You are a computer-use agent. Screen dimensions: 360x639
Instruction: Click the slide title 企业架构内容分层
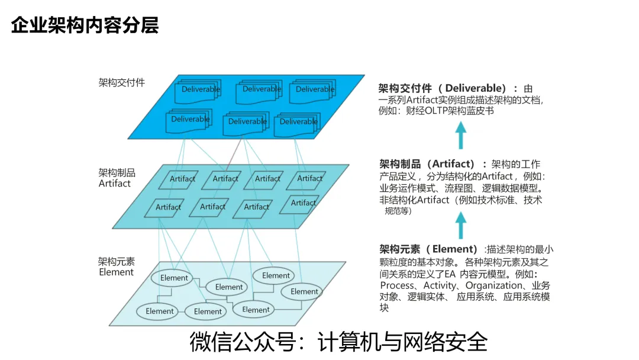point(85,25)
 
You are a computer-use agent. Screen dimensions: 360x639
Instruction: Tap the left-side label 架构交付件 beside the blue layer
point(121,83)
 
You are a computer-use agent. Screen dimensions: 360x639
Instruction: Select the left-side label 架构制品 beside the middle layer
point(117,172)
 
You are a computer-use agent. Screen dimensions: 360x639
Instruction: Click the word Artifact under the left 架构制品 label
point(115,183)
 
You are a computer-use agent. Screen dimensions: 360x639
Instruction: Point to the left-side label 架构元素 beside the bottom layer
point(117,261)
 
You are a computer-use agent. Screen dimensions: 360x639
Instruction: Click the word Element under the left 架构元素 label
point(117,272)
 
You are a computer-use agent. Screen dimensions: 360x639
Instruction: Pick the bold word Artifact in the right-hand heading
point(453,164)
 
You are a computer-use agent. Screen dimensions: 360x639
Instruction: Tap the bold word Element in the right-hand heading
point(455,249)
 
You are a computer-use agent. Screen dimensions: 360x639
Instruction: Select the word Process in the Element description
point(398,285)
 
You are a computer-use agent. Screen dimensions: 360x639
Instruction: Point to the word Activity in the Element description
point(440,285)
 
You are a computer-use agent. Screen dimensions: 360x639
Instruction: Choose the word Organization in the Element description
point(494,285)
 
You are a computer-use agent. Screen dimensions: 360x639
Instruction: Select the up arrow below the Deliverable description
point(461,136)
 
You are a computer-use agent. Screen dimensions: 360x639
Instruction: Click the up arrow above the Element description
point(461,226)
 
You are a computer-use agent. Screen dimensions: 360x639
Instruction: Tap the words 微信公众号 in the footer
point(243,342)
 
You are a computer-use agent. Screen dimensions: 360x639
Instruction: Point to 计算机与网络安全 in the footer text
point(402,342)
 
